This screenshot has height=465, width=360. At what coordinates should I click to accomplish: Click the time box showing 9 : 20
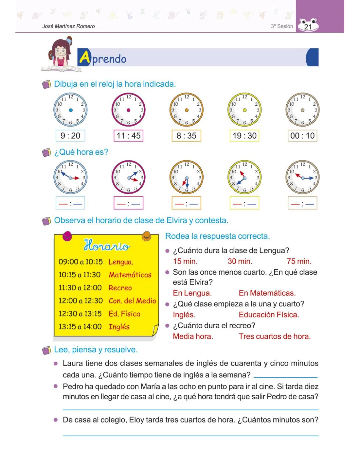click(x=70, y=136)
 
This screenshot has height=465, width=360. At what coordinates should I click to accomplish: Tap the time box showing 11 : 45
click(x=128, y=136)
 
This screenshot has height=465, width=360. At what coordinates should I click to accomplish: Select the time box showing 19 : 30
click(x=244, y=136)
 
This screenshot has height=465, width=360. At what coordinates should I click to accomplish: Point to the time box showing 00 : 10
click(x=302, y=136)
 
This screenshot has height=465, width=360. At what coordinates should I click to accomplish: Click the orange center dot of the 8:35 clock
click(x=187, y=110)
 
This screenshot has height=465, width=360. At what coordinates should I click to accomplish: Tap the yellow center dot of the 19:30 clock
click(x=244, y=110)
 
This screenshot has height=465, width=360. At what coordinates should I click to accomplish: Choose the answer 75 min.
click(x=299, y=261)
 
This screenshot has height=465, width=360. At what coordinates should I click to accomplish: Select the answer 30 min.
click(x=240, y=261)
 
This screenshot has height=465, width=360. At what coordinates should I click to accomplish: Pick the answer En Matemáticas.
click(x=267, y=293)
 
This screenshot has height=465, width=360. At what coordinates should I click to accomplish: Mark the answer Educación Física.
click(x=269, y=315)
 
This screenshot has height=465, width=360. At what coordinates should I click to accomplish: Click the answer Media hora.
click(x=193, y=336)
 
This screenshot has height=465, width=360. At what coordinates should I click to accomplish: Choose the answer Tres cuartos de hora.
click(x=275, y=336)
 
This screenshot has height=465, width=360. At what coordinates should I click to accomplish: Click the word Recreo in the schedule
click(x=120, y=288)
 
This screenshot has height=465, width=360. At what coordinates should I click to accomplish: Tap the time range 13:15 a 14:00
click(x=80, y=327)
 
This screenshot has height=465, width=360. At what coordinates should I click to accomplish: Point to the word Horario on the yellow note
click(x=107, y=245)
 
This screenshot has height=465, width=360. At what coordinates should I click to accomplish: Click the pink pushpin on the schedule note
click(x=67, y=235)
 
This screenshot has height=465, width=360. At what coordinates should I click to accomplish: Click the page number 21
click(x=308, y=27)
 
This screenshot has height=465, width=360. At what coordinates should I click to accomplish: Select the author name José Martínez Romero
click(x=68, y=26)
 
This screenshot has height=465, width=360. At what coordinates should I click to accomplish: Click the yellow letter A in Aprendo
click(x=84, y=58)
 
